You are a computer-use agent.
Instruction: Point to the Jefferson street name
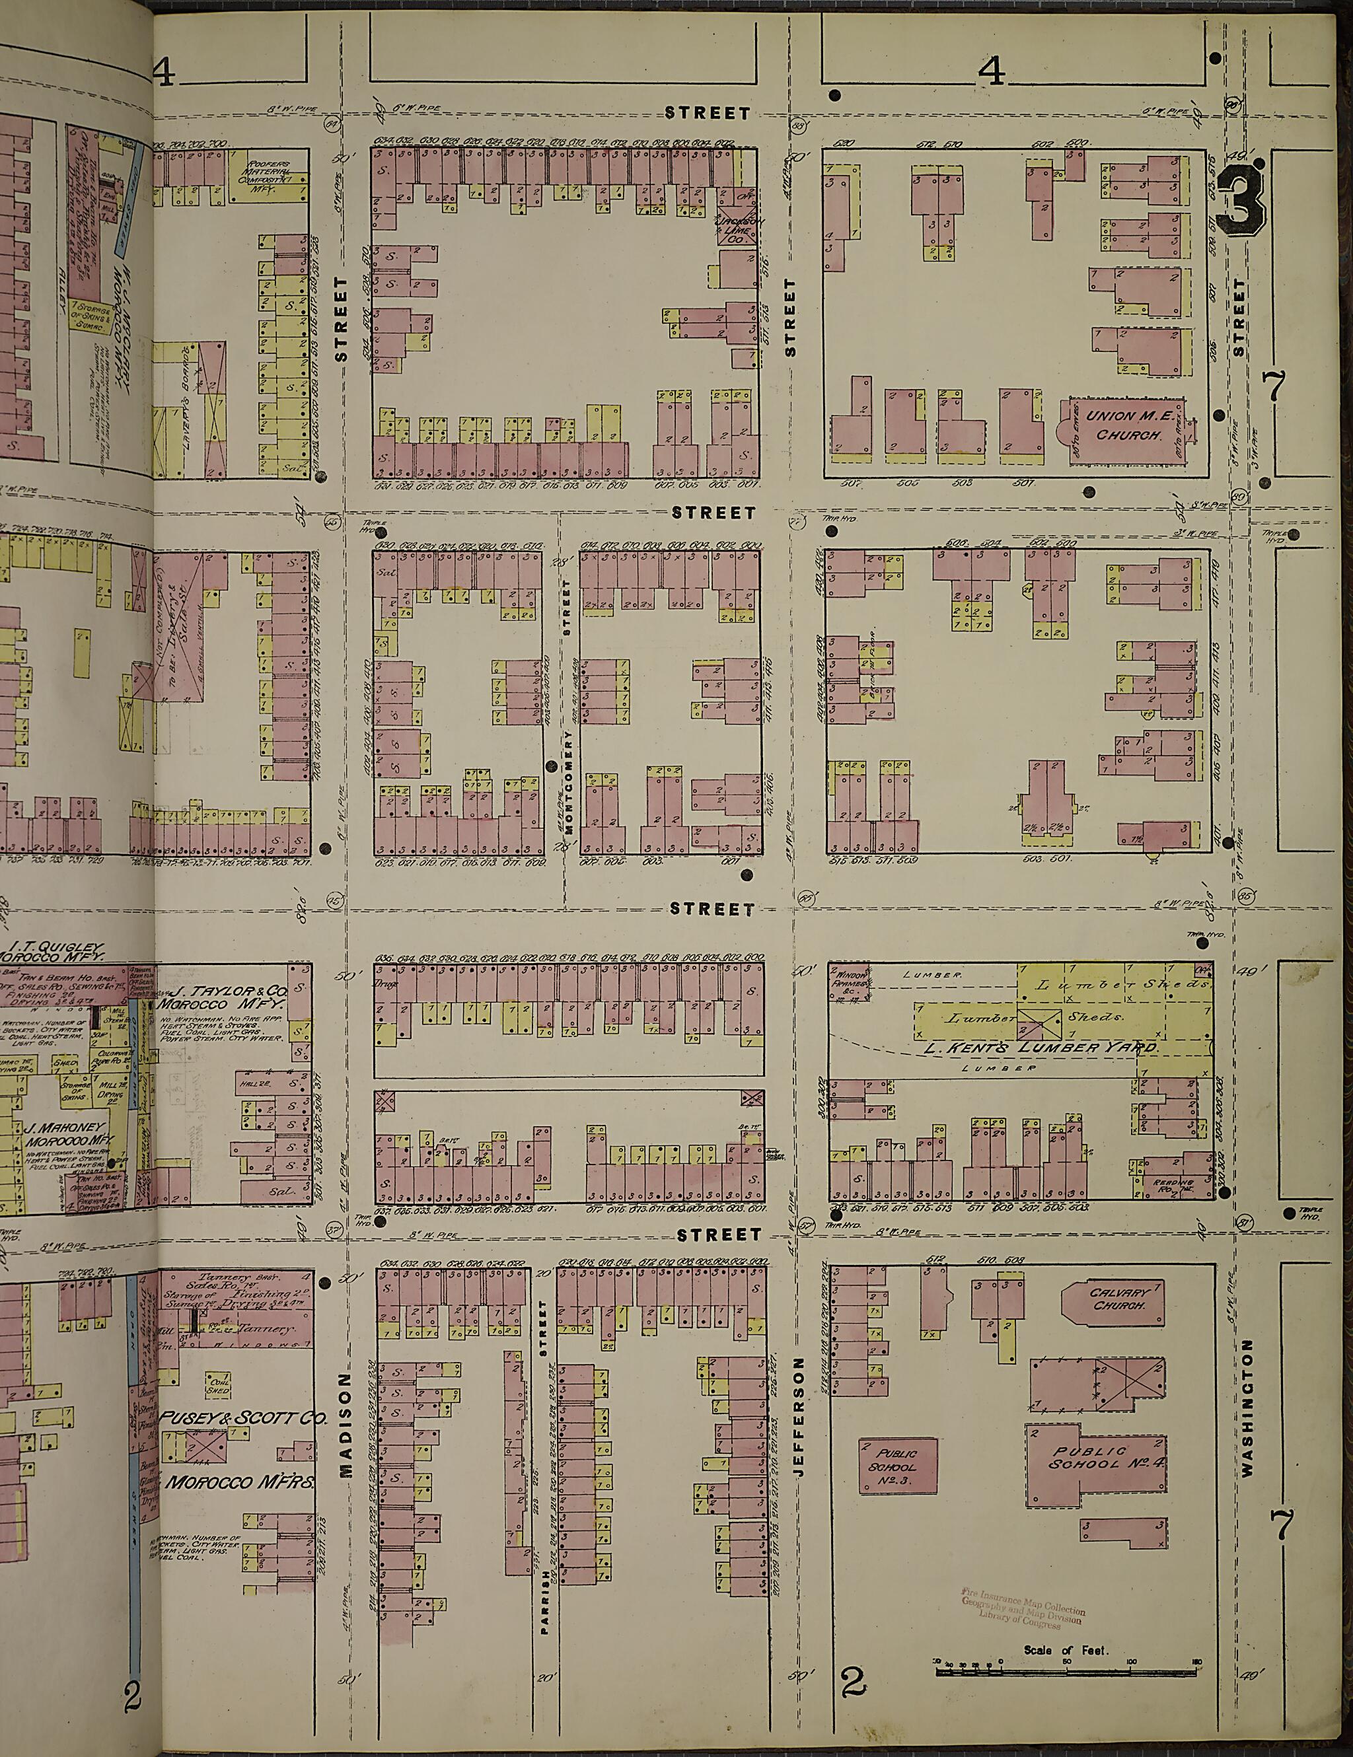pos(799,1416)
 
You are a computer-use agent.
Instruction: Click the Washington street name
pos(1247,1408)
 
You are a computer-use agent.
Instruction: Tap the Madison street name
pos(346,1424)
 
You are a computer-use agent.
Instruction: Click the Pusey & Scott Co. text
pos(241,1417)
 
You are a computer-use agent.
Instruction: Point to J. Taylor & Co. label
pos(228,998)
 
